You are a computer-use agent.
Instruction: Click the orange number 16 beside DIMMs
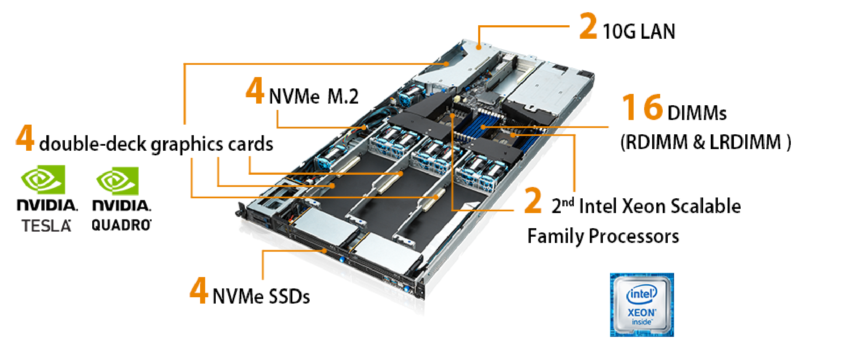click(642, 107)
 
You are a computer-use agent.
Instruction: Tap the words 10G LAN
click(639, 32)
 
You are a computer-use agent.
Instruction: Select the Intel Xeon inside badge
click(642, 305)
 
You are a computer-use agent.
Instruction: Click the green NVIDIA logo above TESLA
click(43, 180)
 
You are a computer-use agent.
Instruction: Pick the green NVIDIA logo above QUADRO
click(118, 181)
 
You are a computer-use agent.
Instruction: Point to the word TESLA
click(46, 226)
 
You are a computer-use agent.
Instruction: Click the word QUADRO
click(121, 225)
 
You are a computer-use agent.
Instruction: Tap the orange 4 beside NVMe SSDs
click(198, 290)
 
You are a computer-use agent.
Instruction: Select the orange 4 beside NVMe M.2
click(255, 91)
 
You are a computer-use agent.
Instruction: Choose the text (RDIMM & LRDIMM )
click(706, 142)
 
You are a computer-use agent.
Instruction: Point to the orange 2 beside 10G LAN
click(589, 26)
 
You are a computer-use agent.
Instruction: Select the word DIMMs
click(697, 113)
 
